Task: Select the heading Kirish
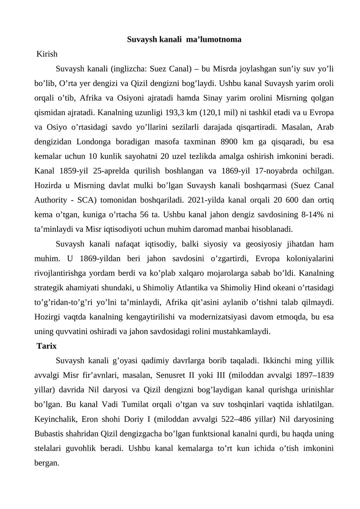pos(47,54)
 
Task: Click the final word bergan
pos(47,463)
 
